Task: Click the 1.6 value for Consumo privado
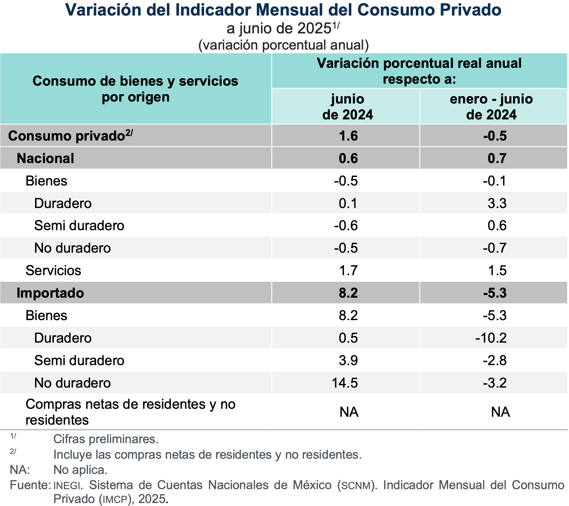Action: click(x=348, y=136)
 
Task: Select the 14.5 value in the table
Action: click(x=345, y=383)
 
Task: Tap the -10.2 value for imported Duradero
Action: click(x=491, y=338)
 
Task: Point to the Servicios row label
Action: click(x=53, y=271)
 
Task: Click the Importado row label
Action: click(x=50, y=293)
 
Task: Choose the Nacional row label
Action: click(x=45, y=158)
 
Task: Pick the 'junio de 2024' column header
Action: click(x=347, y=107)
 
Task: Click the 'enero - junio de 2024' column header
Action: click(x=491, y=107)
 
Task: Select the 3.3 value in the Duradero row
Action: click(x=497, y=203)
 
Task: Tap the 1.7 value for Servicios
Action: click(x=348, y=271)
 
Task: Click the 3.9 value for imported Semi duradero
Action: click(x=348, y=360)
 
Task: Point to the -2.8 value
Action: click(x=495, y=360)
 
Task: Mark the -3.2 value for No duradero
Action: click(x=495, y=383)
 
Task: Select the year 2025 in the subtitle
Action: click(x=314, y=29)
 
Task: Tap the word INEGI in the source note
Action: click(x=67, y=485)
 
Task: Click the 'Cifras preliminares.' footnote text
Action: click(x=106, y=439)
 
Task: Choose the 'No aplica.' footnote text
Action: click(x=80, y=470)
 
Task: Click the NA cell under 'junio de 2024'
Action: click(x=349, y=412)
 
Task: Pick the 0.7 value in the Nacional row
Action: click(x=497, y=158)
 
